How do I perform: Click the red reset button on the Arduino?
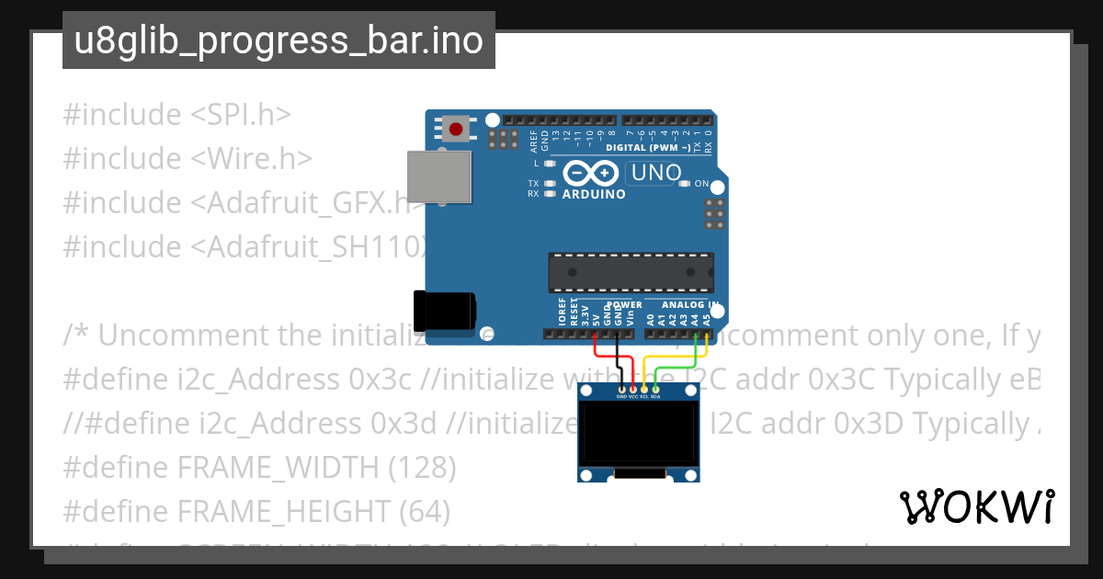456,129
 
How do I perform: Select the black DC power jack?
444,311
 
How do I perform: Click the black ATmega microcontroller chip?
631,271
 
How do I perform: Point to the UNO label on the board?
654,173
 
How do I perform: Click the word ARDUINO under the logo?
594,194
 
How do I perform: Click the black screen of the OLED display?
639,437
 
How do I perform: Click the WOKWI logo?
976,506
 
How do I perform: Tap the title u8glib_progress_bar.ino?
279,41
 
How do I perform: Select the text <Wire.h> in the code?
252,159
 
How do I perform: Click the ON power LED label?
701,184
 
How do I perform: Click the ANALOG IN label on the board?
688,304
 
